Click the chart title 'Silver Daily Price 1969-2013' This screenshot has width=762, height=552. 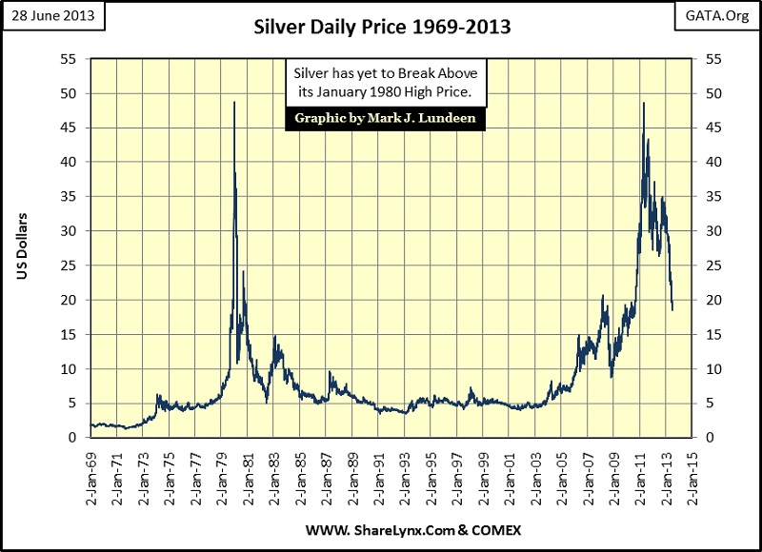[x=380, y=28]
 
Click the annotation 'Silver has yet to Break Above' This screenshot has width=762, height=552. [x=386, y=73]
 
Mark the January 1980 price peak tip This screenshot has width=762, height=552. [x=234, y=102]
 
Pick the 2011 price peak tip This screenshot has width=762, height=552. [x=644, y=103]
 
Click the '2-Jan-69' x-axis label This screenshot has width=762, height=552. [x=91, y=470]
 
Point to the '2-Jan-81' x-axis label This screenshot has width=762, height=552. [x=249, y=470]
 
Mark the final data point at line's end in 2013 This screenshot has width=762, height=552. [x=672, y=309]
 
